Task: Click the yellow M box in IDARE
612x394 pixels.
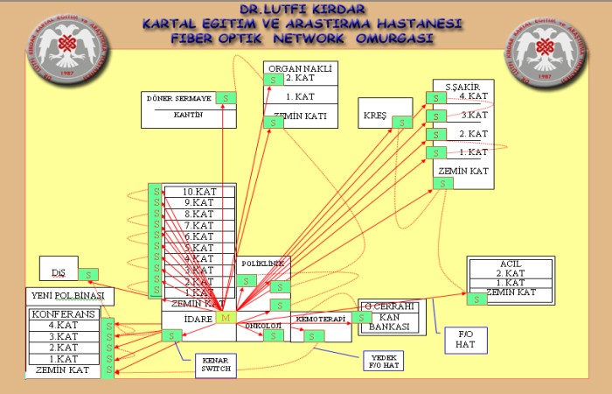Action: point(226,318)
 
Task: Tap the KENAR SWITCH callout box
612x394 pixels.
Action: point(217,365)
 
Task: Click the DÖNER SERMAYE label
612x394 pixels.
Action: point(177,98)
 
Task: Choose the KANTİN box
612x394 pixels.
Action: point(183,115)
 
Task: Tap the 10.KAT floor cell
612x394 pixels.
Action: point(198,192)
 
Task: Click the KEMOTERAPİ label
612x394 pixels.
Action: point(316,318)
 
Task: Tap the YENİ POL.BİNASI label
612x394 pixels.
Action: point(66,296)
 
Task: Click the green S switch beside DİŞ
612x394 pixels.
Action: point(88,274)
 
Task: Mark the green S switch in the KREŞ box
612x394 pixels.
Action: point(402,123)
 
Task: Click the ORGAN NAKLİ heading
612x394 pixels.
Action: point(299,67)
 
